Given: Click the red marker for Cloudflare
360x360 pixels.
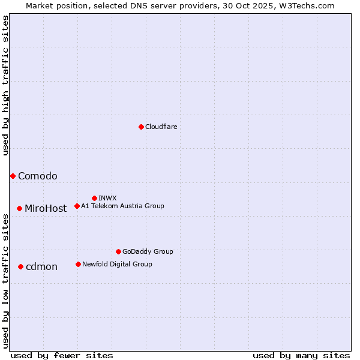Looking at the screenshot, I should (x=141, y=127).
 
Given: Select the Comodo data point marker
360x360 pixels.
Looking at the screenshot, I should (x=13, y=176).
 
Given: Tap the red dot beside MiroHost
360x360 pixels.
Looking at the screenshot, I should (x=19, y=208).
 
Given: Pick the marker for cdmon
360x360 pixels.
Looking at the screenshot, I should (x=20, y=266).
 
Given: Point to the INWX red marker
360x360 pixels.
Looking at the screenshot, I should (x=94, y=198).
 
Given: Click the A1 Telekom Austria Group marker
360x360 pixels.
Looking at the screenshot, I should (x=77, y=206).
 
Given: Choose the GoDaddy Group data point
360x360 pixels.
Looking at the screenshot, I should (x=118, y=251).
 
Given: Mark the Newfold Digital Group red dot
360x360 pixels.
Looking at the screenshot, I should (x=78, y=264).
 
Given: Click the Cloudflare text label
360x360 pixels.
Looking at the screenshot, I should (x=161, y=127).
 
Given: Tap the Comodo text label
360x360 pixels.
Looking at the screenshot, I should (x=38, y=176).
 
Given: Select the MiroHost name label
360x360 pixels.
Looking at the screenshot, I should (x=46, y=209).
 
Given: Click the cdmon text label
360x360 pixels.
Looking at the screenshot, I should (x=41, y=267).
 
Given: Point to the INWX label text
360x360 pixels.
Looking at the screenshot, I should (x=107, y=198).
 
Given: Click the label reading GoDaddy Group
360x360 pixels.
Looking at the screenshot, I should (x=148, y=251).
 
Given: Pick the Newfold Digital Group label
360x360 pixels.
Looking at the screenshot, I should (x=117, y=264).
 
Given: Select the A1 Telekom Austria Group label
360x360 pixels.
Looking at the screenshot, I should (x=122, y=206).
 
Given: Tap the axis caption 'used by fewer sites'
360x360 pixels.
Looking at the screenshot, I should (x=62, y=355).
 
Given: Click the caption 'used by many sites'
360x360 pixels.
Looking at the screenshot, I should (x=301, y=355).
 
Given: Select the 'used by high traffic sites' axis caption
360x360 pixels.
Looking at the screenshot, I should (x=5, y=85).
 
